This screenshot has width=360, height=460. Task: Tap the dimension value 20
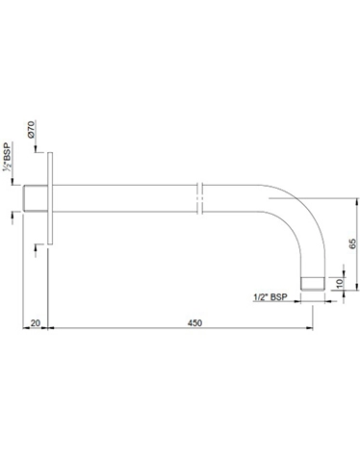[x=35, y=322]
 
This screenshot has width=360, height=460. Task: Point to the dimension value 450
[x=196, y=322]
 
